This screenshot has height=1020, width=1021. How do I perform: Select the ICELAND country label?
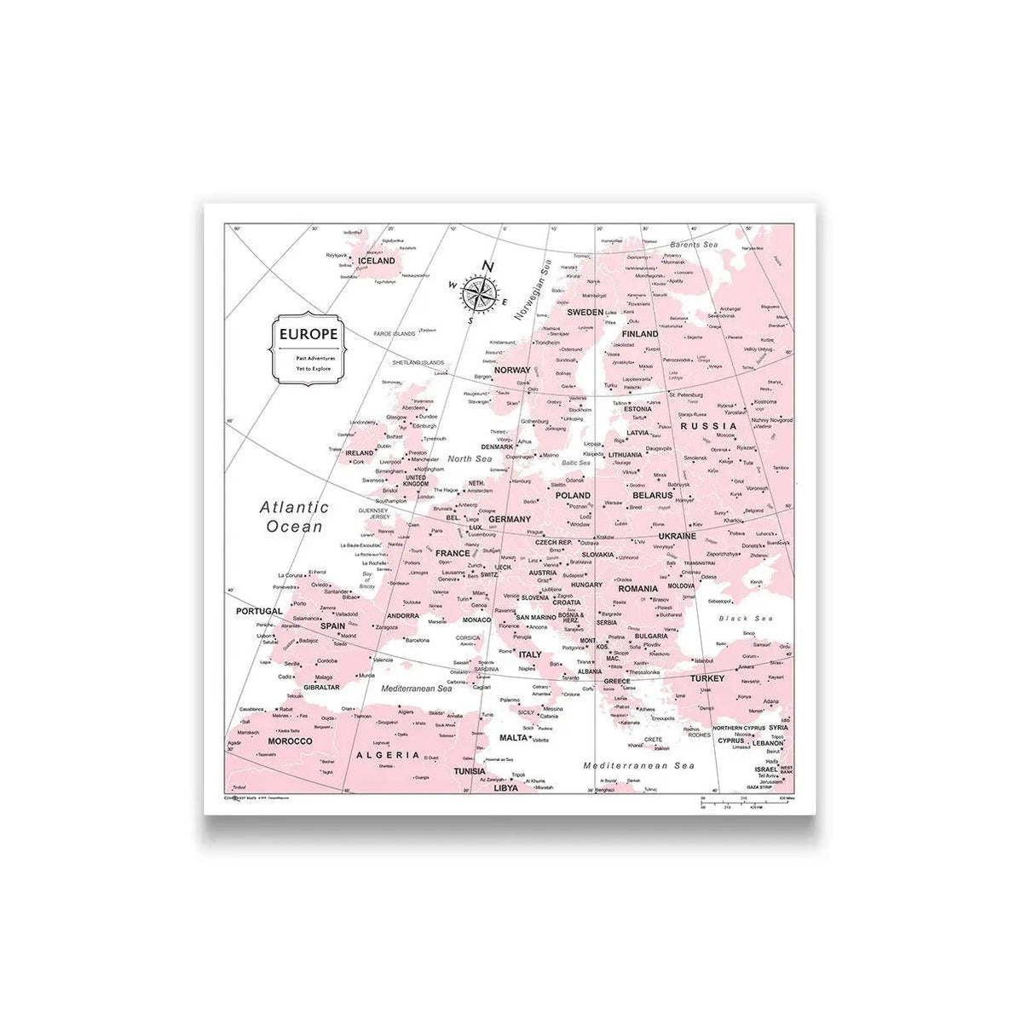[x=377, y=261]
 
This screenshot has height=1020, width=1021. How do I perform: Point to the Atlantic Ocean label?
[x=295, y=516]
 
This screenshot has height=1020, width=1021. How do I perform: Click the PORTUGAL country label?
[x=258, y=611]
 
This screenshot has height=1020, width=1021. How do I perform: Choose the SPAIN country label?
[x=332, y=626]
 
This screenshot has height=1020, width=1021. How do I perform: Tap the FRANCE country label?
[x=453, y=553]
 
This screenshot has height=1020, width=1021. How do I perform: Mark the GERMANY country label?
[x=510, y=518]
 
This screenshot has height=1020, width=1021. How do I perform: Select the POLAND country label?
[x=573, y=494]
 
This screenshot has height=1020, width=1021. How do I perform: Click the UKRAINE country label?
[x=678, y=536]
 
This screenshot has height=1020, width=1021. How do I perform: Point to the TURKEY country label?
[x=707, y=678]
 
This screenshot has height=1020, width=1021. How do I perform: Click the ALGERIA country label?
[x=388, y=755]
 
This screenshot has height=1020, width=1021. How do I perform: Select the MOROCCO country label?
[x=290, y=741]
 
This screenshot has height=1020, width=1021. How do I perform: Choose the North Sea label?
[x=471, y=459]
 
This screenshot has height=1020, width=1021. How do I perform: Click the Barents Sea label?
[x=694, y=245]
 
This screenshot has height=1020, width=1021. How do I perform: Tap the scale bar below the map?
[x=741, y=801]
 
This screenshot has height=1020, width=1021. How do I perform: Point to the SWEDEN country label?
[x=585, y=312]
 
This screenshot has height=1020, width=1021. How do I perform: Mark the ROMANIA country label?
[x=637, y=589]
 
